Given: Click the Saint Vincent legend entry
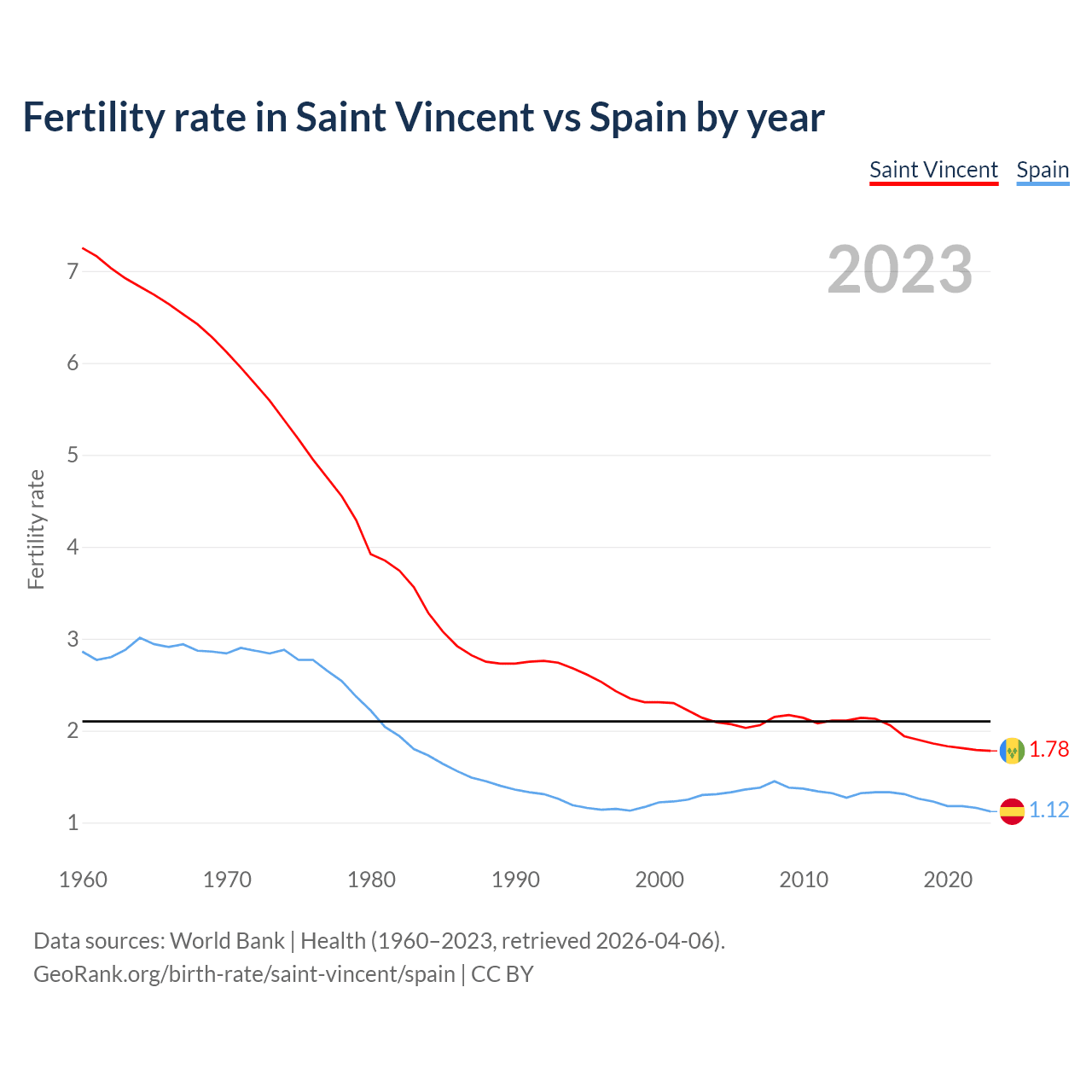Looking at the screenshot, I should (x=933, y=170).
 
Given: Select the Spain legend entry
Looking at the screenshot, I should (x=1043, y=170).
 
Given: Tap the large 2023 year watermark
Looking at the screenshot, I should (x=900, y=270).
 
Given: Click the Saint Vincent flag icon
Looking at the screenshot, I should (x=1012, y=750).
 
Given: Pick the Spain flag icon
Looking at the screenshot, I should (x=1012, y=810).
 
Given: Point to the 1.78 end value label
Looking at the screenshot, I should (x=1048, y=750).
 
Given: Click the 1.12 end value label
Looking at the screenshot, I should (x=1048, y=810).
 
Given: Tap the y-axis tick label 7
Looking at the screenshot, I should (x=73, y=271).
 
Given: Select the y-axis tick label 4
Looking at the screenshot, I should (x=73, y=547).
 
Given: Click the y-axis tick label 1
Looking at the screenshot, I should (x=73, y=823).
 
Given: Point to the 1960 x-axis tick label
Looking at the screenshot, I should (x=83, y=880).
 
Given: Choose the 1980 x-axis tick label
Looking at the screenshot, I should (x=371, y=880).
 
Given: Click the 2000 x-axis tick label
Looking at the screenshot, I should (x=659, y=880).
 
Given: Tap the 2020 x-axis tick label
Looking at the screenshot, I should (x=948, y=880).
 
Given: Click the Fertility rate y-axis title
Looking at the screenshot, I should (x=36, y=529).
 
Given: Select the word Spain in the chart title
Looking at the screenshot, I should (x=638, y=118).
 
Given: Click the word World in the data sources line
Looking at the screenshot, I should (x=201, y=941).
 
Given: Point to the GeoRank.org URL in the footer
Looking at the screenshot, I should (x=244, y=974).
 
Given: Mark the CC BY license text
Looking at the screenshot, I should (x=502, y=974).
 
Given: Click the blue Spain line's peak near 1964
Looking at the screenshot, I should (x=140, y=637).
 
